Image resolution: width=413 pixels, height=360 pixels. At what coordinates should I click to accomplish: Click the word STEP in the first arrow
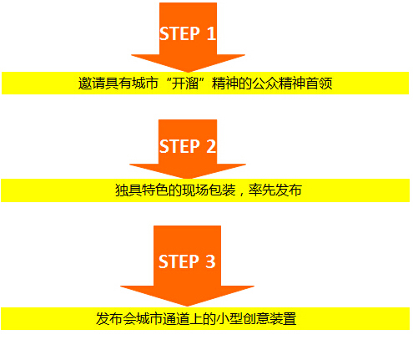[x=179, y=33]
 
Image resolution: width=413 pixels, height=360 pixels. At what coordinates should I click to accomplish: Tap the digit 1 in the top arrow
[x=211, y=33]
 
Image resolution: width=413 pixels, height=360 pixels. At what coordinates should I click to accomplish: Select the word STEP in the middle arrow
[x=179, y=146]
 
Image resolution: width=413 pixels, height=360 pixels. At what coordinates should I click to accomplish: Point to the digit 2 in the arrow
[x=211, y=146]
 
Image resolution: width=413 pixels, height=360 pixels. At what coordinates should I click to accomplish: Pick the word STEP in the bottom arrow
[x=179, y=261]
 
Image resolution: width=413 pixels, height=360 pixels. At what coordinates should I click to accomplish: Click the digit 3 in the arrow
[x=210, y=261]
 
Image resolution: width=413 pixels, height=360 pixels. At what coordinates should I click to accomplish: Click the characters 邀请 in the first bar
[x=91, y=84]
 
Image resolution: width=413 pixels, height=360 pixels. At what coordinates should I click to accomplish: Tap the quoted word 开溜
[x=185, y=84]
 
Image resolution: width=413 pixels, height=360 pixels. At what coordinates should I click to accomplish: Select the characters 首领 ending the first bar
[x=319, y=84]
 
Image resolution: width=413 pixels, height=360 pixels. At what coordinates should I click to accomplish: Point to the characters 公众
[x=265, y=84]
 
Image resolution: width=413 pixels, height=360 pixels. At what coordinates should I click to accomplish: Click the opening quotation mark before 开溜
[x=167, y=80]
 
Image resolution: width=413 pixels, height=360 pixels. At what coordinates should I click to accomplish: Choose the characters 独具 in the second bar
[x=128, y=190]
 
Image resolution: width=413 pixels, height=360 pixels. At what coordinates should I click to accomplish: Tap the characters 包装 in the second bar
[x=222, y=190]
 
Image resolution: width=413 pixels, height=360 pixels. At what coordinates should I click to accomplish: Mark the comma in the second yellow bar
[x=241, y=194]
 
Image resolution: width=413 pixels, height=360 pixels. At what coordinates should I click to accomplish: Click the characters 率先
[x=262, y=190]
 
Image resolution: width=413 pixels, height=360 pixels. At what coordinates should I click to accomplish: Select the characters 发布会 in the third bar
[x=116, y=318]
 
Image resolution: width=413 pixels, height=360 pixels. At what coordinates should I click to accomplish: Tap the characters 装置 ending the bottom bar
[x=283, y=318]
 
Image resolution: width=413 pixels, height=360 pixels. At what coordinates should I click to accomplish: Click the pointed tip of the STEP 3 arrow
[x=187, y=307]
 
